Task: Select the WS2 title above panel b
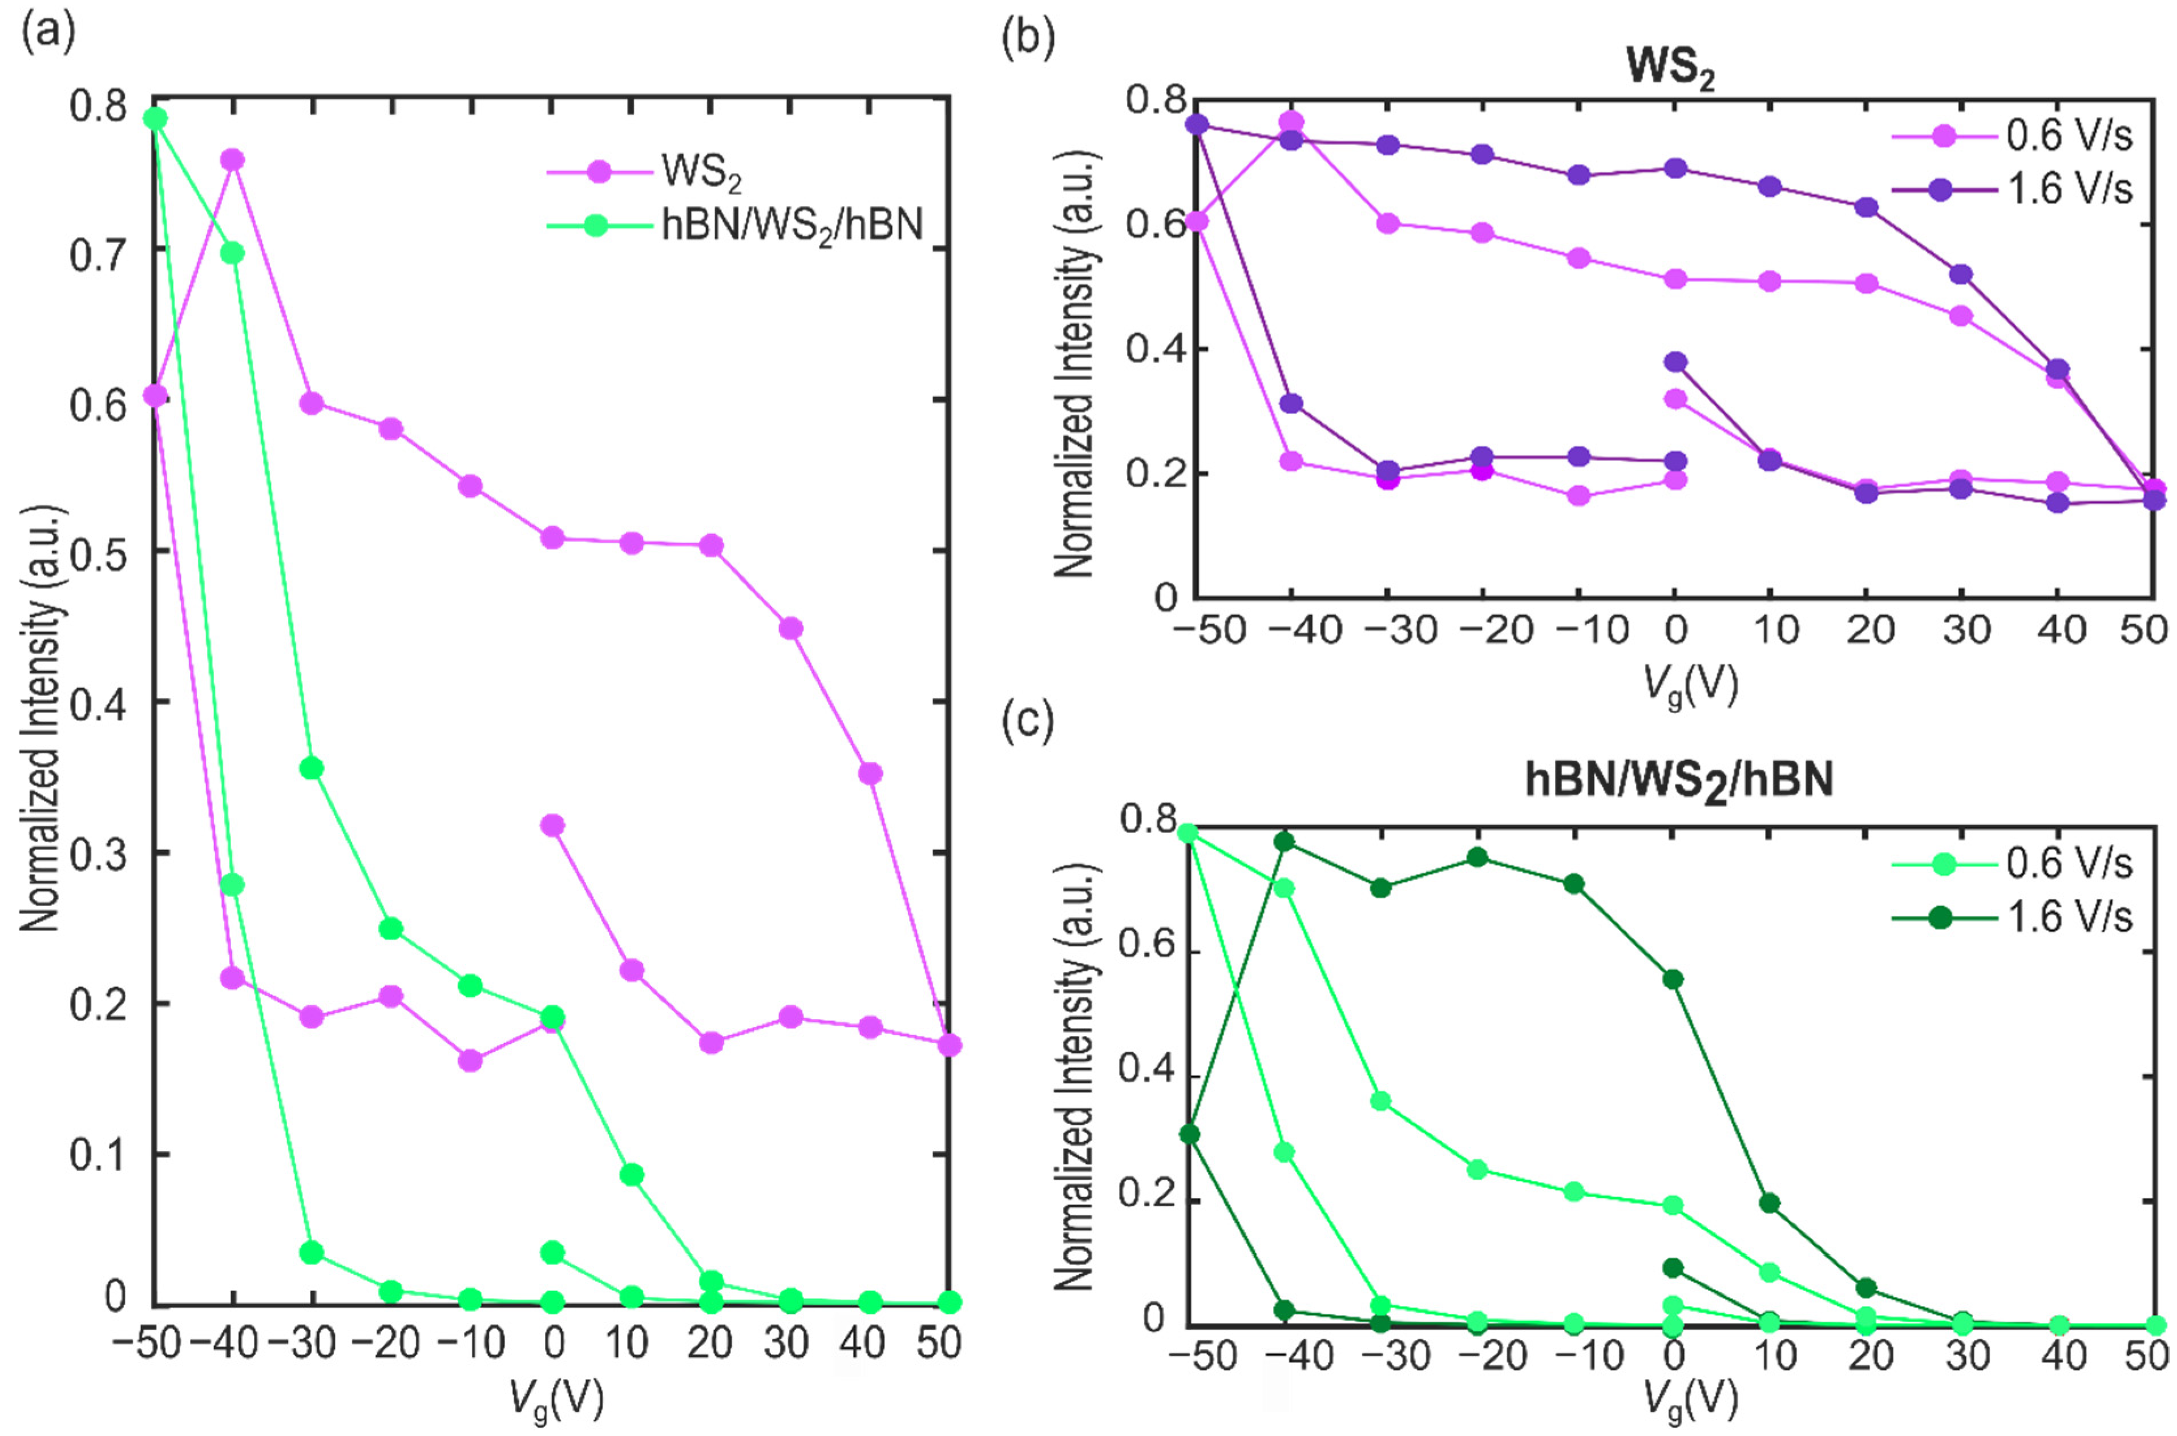[1669, 68]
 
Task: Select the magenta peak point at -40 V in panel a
[233, 159]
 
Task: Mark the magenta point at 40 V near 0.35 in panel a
[870, 773]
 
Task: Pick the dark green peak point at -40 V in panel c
[1284, 841]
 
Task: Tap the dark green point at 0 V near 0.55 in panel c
[1673, 979]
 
